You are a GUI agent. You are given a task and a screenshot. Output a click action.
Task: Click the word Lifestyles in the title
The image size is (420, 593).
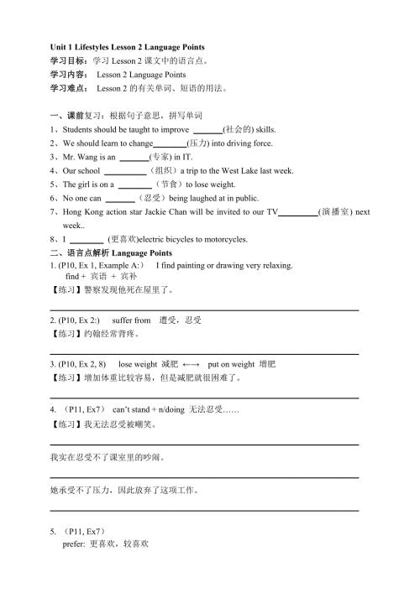pos(100,47)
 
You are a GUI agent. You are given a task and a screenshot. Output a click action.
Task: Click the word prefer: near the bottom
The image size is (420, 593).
pos(74,544)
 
